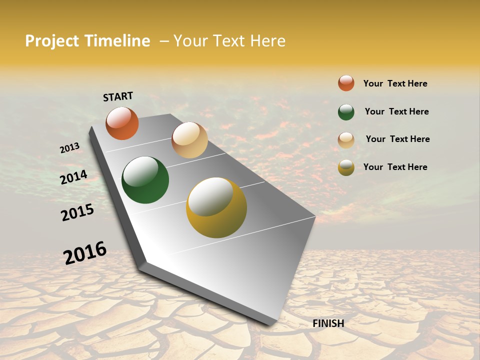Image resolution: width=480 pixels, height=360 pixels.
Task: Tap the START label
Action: pyautogui.click(x=118, y=96)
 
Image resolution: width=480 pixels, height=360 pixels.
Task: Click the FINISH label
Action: pyautogui.click(x=328, y=323)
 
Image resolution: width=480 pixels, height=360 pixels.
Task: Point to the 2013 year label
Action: pyautogui.click(x=69, y=148)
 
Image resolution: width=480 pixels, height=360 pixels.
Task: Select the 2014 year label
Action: pyautogui.click(x=73, y=177)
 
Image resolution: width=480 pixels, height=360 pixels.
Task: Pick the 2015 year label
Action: pyautogui.click(x=77, y=212)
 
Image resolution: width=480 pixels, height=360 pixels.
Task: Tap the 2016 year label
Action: pyautogui.click(x=85, y=253)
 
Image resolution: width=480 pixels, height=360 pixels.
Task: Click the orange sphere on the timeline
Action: pyautogui.click(x=122, y=123)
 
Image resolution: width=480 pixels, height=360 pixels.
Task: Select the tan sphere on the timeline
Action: pyautogui.click(x=189, y=140)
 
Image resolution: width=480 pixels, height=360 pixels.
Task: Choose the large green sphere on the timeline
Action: pyautogui.click(x=145, y=180)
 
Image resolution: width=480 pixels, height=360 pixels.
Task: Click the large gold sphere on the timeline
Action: pyautogui.click(x=216, y=207)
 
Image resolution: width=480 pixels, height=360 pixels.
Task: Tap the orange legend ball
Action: pyautogui.click(x=346, y=83)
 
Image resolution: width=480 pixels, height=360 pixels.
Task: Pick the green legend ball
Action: pyautogui.click(x=346, y=112)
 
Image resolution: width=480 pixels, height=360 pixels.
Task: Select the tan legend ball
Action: pyautogui.click(x=346, y=140)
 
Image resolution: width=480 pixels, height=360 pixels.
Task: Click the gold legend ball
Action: pyautogui.click(x=346, y=167)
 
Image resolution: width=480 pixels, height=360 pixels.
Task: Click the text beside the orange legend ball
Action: pyautogui.click(x=395, y=83)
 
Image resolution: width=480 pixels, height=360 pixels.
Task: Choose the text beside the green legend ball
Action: pyautogui.click(x=396, y=111)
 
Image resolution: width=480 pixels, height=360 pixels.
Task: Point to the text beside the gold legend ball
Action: pyautogui.click(x=395, y=167)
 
